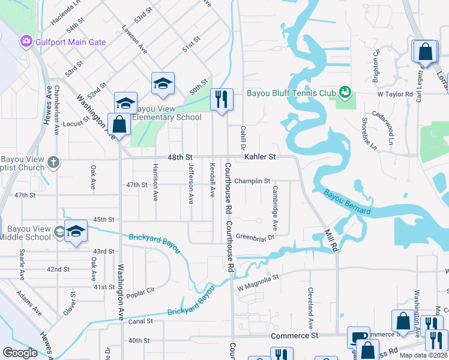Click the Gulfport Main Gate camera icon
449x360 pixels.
(x=26, y=41)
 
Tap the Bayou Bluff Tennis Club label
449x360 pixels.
(x=291, y=93)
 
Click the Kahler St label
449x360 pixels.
(x=259, y=157)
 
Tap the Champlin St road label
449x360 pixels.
(x=252, y=180)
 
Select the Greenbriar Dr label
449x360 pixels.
(x=255, y=237)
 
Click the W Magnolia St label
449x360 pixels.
(x=259, y=278)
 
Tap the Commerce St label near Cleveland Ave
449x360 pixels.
(x=294, y=336)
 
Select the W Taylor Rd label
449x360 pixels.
(x=395, y=94)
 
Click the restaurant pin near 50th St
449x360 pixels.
(x=221, y=100)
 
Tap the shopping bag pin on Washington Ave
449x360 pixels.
(x=119, y=125)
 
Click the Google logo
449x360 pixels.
(x=20, y=353)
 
